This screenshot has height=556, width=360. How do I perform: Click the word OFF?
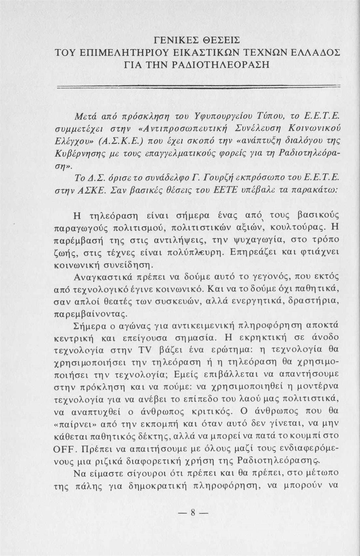pyautogui.click(x=66, y=450)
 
